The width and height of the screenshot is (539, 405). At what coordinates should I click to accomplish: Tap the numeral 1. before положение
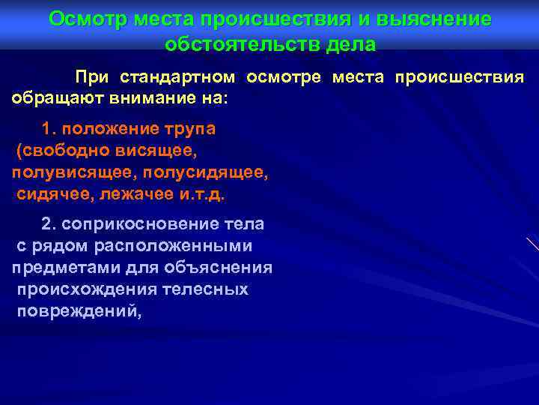point(50,129)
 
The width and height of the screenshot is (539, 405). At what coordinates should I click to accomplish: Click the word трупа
point(186,129)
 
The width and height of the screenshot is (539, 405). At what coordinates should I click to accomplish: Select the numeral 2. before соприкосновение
point(49,224)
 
